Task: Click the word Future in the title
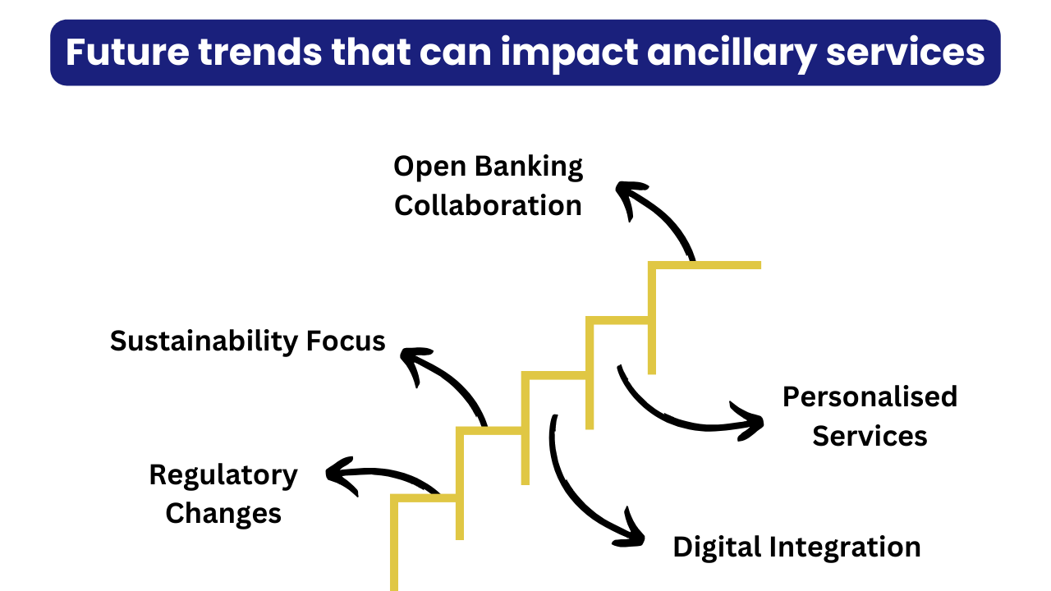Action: pos(127,52)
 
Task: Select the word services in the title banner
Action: pos(905,52)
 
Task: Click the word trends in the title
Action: pos(260,52)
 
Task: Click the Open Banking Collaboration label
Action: pos(488,186)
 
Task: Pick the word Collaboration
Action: pos(488,206)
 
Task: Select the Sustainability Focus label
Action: pos(248,341)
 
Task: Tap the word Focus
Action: pos(346,341)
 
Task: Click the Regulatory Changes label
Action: pos(223,494)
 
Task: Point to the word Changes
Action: pos(223,514)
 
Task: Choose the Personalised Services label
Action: pos(870,416)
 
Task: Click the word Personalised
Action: pos(870,396)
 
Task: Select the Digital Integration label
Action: pos(796,547)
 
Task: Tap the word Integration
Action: pos(845,547)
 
